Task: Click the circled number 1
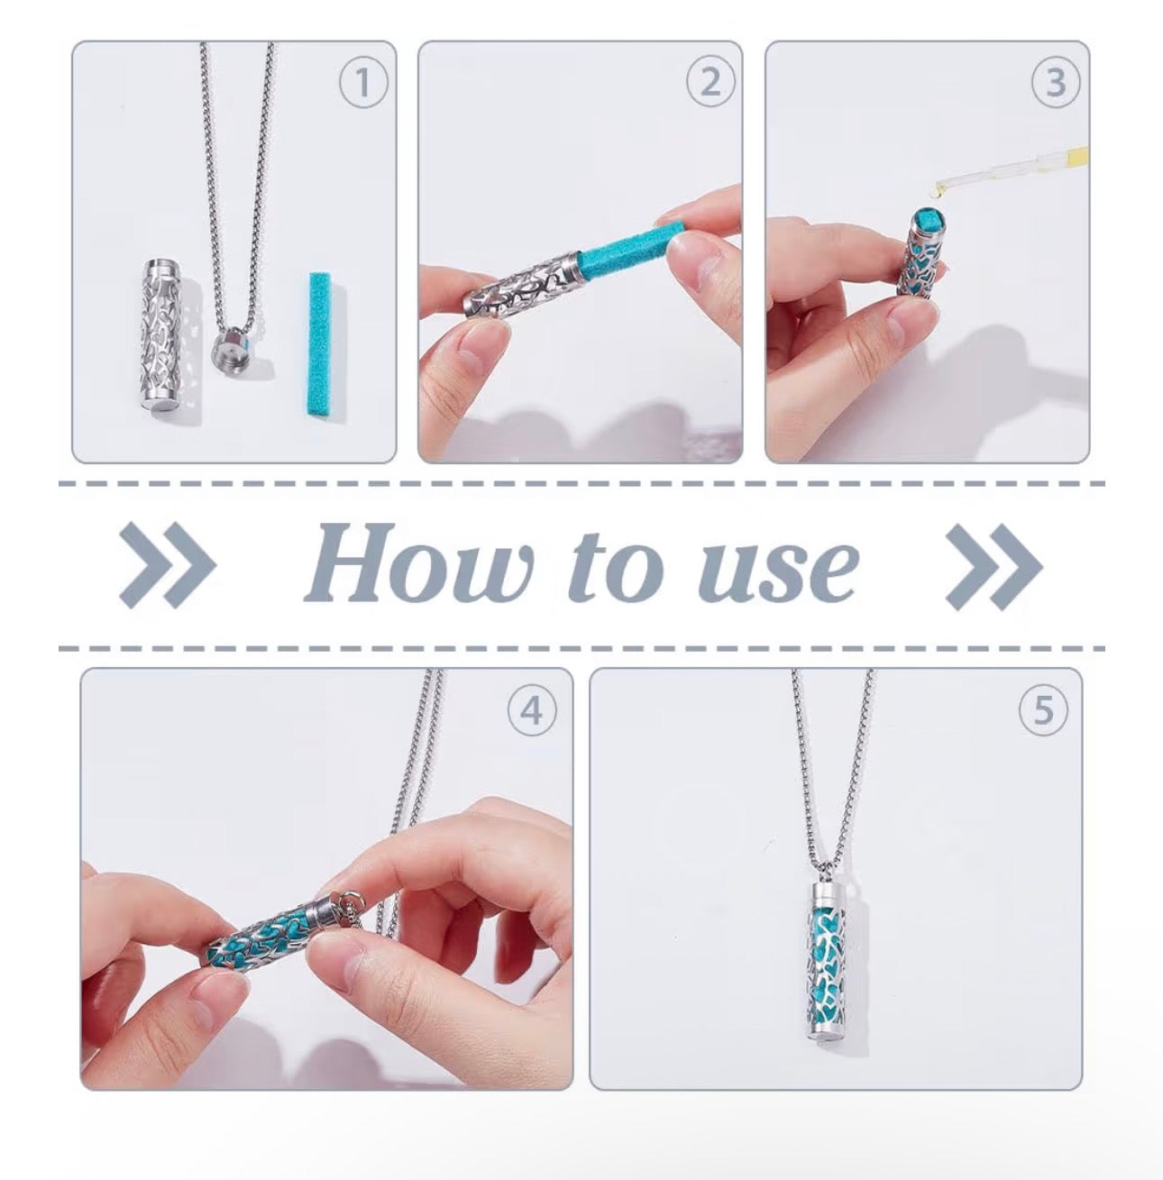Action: point(363,83)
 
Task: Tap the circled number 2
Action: point(710,83)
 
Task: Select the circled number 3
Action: point(1056,83)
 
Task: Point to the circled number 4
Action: point(532,711)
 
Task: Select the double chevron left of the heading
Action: point(167,565)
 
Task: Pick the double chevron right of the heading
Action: point(994,567)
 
